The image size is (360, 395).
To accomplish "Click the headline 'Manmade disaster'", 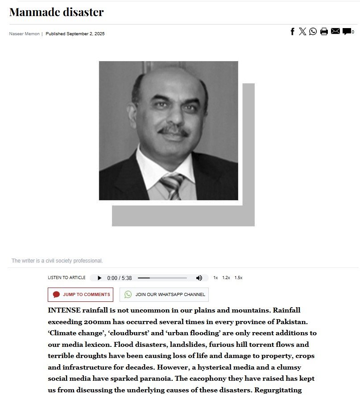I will point(56,12).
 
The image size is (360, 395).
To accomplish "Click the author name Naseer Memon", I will point(24,34).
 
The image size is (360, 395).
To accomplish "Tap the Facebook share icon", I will point(293,31).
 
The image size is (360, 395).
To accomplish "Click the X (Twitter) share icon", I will point(302,31).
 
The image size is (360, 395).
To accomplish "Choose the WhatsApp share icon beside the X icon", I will point(313,31).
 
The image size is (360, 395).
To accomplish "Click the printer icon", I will point(324,31).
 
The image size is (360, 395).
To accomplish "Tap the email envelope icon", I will point(335,31).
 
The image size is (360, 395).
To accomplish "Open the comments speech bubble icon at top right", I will point(347,32).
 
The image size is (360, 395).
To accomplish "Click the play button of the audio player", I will point(99,278).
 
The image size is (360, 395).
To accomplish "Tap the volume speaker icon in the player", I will point(199,278).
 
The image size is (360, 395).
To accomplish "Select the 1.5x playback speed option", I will point(238,278).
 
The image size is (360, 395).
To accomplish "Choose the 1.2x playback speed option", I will point(226,278).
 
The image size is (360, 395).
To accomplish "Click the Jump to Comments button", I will point(81,295).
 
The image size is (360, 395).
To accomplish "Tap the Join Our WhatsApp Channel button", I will point(164,295).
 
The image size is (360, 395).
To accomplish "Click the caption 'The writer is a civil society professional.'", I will point(57,261).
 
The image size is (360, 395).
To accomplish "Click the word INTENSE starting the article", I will point(64,310).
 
